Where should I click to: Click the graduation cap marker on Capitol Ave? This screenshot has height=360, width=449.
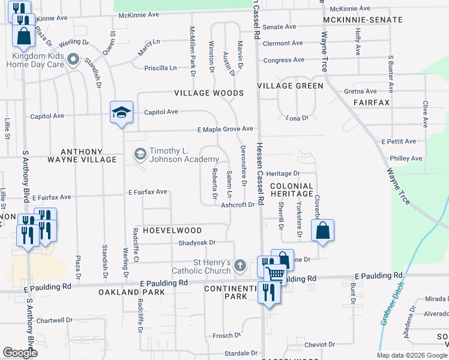pyautogui.click(x=121, y=112)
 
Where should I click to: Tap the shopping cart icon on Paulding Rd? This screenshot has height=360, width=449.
pyautogui.click(x=276, y=274)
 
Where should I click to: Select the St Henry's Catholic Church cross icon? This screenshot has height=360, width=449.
pyautogui.click(x=240, y=265)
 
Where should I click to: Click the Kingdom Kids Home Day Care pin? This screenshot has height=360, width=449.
pyautogui.click(x=74, y=59)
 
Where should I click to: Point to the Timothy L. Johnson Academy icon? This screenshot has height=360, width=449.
pyautogui.click(x=140, y=154)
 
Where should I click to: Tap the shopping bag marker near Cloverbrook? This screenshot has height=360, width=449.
pyautogui.click(x=322, y=230)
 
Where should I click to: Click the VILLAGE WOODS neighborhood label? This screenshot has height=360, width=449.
pyautogui.click(x=209, y=93)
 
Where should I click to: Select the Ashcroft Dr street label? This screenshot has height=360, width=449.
pyautogui.click(x=238, y=205)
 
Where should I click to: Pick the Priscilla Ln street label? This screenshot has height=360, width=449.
pyautogui.click(x=160, y=68)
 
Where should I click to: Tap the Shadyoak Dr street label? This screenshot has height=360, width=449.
pyautogui.click(x=196, y=242)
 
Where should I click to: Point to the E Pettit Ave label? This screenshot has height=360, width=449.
pyautogui.click(x=399, y=141)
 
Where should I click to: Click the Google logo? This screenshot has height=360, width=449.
pyautogui.click(x=20, y=353)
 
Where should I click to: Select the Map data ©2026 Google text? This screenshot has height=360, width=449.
pyautogui.click(x=411, y=355)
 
